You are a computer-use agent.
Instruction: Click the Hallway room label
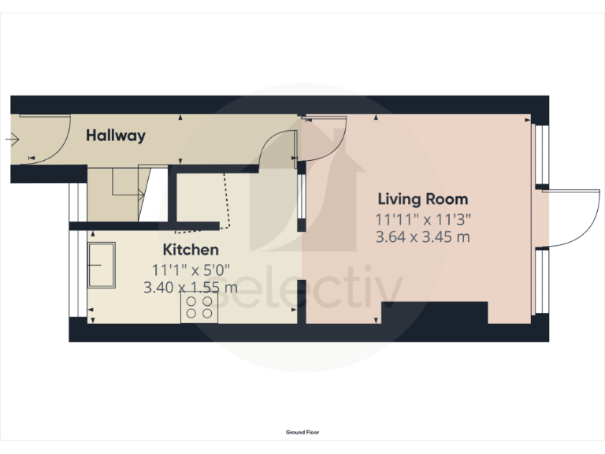[116, 136]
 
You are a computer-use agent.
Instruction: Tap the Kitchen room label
[191, 250]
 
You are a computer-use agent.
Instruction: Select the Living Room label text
[422, 199]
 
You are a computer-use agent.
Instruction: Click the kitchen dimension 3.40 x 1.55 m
[191, 288]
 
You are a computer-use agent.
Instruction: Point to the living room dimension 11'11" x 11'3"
[422, 219]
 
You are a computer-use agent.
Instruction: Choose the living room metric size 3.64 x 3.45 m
[422, 236]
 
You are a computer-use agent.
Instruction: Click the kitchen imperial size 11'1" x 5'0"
[191, 270]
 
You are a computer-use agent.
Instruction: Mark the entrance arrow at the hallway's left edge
[11, 140]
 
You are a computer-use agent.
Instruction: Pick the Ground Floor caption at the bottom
[302, 432]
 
